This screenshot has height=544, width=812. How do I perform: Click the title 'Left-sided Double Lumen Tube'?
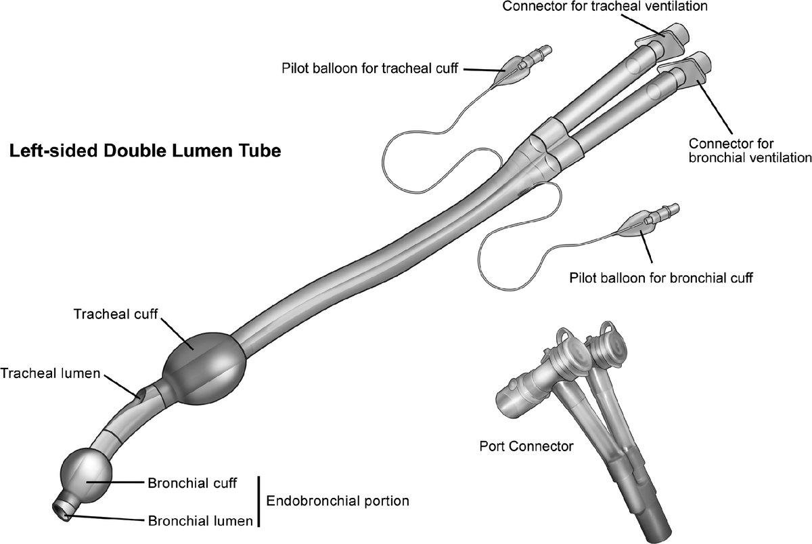click(145, 151)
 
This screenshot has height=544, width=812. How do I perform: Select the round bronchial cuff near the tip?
click(86, 476)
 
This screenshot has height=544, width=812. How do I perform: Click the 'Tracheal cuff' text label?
click(116, 314)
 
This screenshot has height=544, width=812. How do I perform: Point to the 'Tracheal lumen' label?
click(50, 373)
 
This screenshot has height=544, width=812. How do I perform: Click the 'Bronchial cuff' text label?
click(192, 484)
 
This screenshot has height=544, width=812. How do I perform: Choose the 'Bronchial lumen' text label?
click(200, 521)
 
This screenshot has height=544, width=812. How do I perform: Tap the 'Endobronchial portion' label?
click(338, 501)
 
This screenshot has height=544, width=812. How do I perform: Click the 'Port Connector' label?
click(526, 446)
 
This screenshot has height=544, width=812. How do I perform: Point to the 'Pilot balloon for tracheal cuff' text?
click(369, 68)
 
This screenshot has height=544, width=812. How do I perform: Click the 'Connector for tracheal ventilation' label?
click(605, 6)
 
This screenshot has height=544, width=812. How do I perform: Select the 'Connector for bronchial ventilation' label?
click(750, 150)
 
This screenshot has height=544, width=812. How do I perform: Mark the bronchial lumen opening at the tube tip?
click(60, 510)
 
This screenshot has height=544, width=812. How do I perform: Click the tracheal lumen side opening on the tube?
click(141, 393)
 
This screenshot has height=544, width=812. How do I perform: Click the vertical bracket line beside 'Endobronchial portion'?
click(258, 501)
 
